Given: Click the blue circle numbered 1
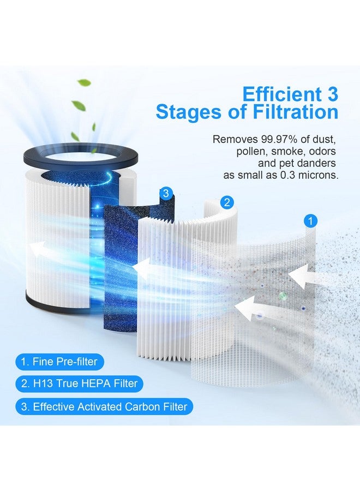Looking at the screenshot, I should [310, 221].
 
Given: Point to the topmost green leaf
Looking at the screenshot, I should [84, 83].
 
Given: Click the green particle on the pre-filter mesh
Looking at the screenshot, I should [283, 296].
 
